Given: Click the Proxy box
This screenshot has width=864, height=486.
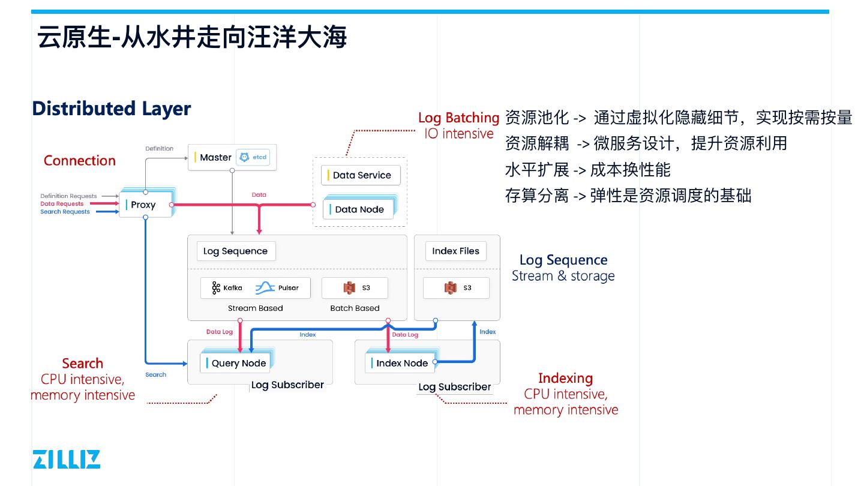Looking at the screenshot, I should point(145,205).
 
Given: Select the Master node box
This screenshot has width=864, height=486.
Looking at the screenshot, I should point(215,157).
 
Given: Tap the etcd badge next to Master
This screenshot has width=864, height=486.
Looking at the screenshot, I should point(253,157).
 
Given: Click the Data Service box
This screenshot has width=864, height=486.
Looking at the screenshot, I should point(361,175).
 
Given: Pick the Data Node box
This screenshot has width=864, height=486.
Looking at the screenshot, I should point(359,209).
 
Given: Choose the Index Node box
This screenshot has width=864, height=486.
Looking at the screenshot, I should point(400,363).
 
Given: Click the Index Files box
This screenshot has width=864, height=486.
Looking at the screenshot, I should point(455,251).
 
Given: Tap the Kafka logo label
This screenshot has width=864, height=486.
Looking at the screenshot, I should point(227,288).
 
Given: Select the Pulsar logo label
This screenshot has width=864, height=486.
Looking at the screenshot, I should point(277,288).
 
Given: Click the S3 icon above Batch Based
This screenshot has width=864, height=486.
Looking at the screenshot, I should point(350,288).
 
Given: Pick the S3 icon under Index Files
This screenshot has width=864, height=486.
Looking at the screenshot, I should point(451,288).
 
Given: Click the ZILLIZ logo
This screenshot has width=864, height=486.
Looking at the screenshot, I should point(67,459).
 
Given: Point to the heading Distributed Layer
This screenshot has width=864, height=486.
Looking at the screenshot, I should point(112,109).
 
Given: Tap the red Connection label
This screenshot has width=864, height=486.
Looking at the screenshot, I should point(80,161).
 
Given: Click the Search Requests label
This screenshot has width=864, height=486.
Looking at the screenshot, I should point(65,212).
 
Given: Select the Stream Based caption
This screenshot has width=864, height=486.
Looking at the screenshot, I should point(255,308).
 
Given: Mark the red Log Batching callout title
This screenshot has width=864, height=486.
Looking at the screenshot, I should point(458,118).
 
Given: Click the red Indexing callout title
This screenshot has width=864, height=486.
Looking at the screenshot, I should point(565,378).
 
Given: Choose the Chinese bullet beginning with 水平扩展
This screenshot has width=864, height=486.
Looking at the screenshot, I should point(587,170).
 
